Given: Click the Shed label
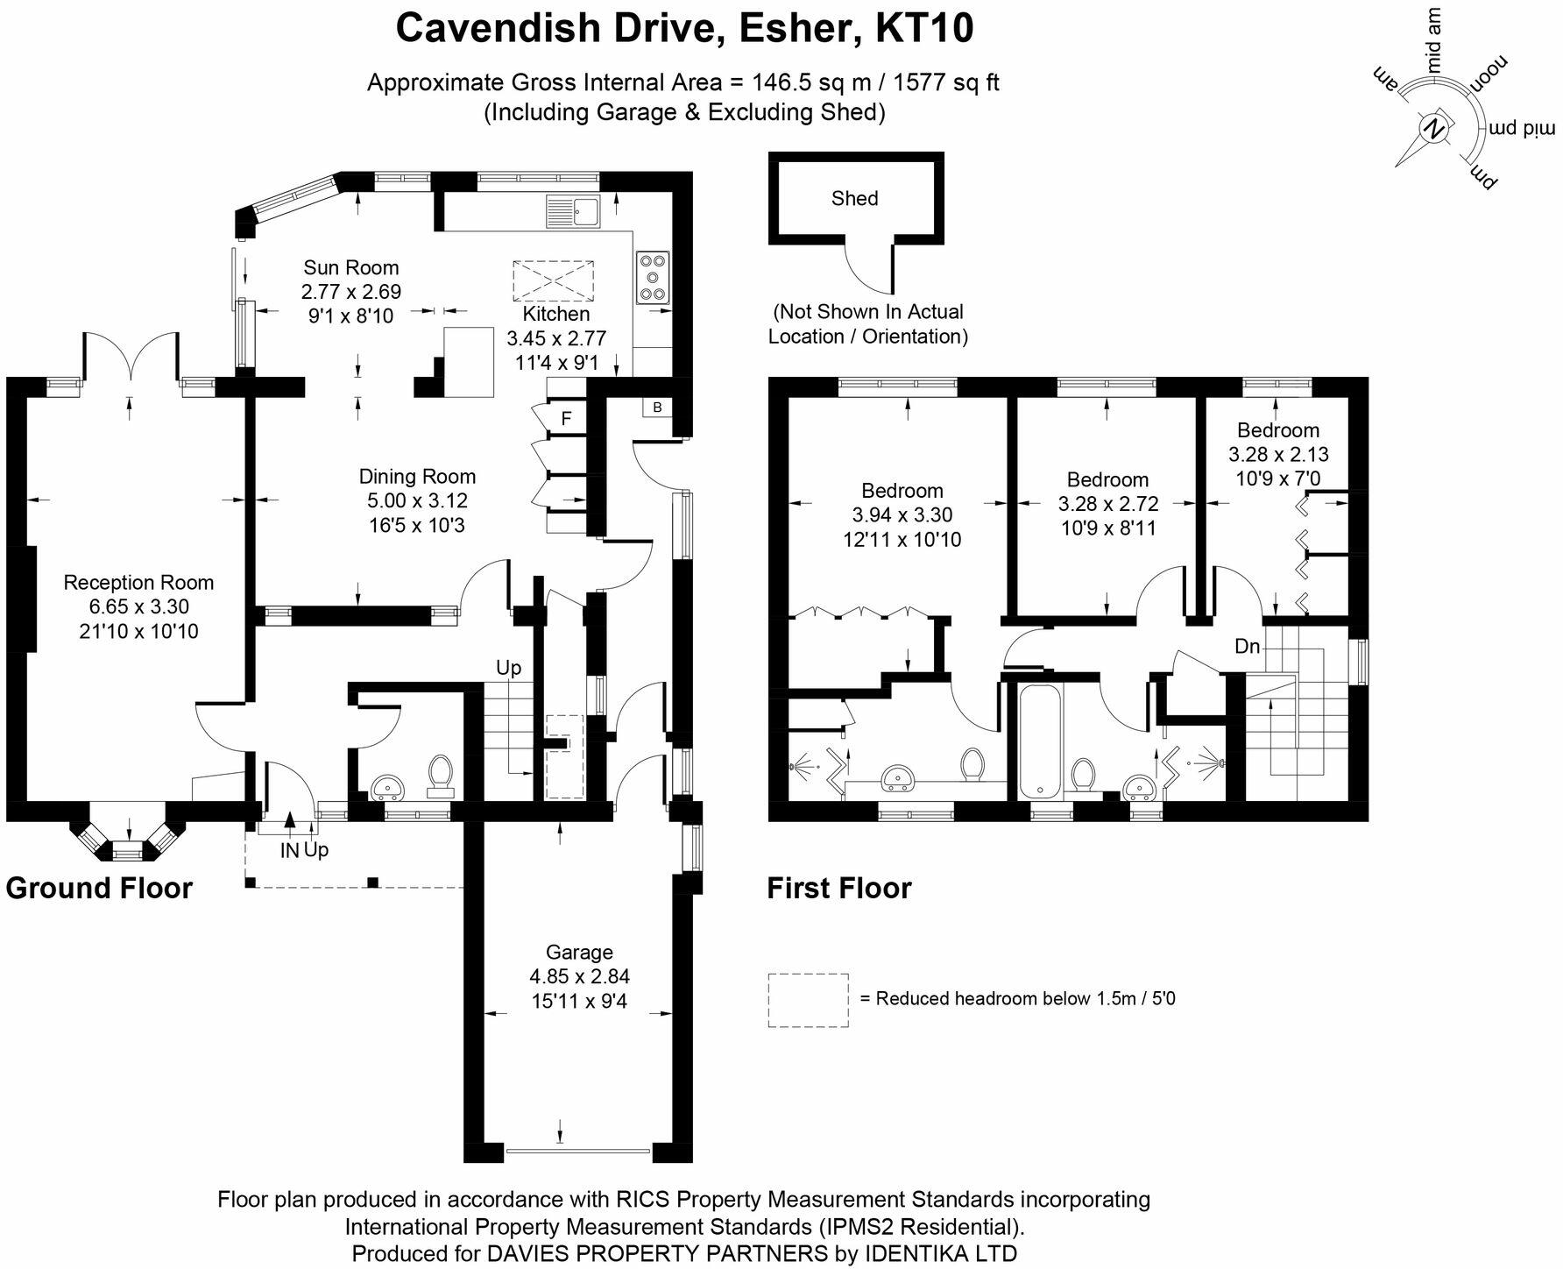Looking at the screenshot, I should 854,199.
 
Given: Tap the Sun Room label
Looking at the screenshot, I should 350,268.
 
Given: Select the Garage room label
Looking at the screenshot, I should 579,953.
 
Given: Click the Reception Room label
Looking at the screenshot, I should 138,583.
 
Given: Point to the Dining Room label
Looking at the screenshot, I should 417,477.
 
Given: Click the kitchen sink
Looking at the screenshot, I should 572,211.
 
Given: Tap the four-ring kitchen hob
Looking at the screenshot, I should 653,277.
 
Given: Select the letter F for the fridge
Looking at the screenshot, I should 566,419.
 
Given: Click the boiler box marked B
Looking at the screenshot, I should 657,408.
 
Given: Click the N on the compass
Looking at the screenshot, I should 1434,129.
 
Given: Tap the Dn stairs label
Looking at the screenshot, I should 1248,647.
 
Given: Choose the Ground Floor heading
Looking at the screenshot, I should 99,889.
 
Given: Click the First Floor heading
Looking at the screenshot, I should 839,889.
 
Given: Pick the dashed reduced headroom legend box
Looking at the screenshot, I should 808,1000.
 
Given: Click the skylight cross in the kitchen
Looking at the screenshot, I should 553,280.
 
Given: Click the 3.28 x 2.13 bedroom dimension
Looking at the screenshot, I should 1278,455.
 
